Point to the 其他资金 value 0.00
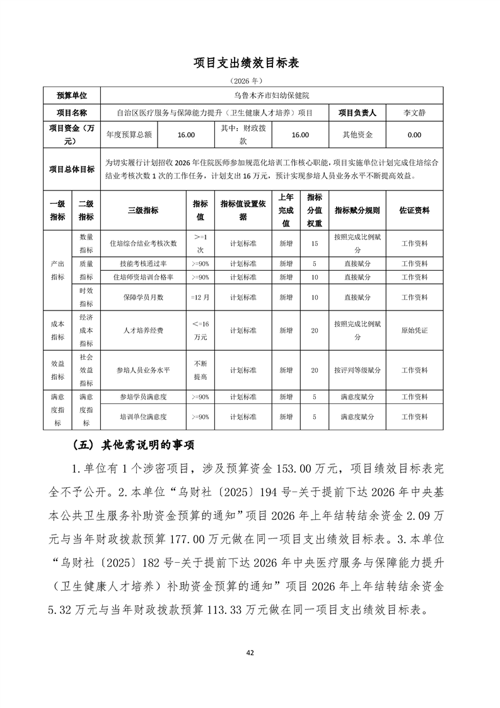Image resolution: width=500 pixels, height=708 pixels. [x=414, y=134]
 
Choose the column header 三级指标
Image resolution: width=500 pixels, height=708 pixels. [x=143, y=211]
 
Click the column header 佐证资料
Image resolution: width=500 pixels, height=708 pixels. [x=414, y=211]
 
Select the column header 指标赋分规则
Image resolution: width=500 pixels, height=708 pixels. [x=357, y=211]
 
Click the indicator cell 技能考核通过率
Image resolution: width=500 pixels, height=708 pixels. [x=143, y=264]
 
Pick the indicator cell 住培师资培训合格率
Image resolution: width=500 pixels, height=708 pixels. [x=143, y=277]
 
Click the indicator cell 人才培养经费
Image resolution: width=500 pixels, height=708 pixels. [x=143, y=330]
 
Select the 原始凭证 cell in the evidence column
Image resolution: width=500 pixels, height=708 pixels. [x=414, y=330]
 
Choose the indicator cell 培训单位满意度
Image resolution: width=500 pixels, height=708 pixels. [x=143, y=416]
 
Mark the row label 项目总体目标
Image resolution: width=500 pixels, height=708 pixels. [x=72, y=169]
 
